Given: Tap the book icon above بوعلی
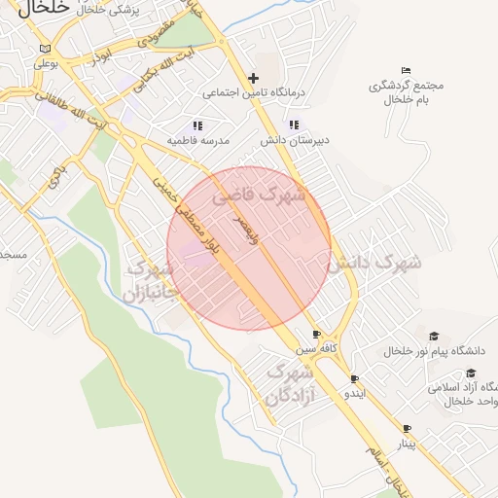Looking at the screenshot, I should (x=45, y=49).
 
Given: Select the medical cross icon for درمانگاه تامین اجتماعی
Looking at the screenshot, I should (x=254, y=78).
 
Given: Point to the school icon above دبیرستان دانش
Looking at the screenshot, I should (x=294, y=124).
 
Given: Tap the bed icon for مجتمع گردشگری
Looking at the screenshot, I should (x=406, y=70).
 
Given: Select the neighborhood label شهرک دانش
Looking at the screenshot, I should (x=373, y=263).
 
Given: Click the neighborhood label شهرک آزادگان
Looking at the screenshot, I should (x=288, y=386).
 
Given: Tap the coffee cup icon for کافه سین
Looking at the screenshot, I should (x=315, y=334).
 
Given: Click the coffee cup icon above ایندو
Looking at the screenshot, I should (x=354, y=379).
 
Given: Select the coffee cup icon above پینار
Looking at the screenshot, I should (x=407, y=429).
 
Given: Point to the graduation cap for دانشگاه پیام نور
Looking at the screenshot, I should (x=434, y=336).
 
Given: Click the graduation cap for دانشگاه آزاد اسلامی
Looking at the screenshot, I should (x=471, y=373).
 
